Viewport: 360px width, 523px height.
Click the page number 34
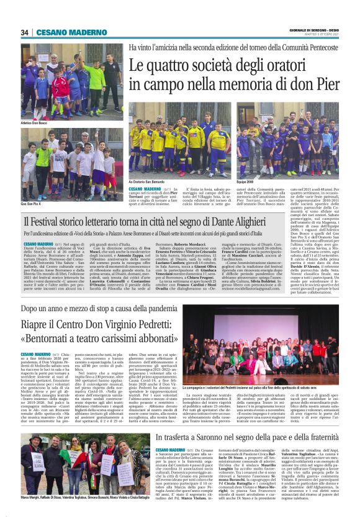(x=25, y=32)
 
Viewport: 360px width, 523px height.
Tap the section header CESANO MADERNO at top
(x=63, y=32)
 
